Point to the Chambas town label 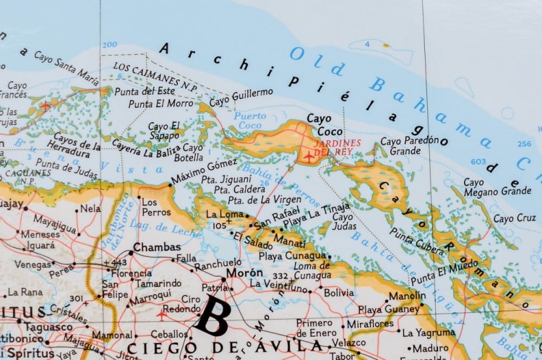pos(157,247)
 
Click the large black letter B pos(215,314)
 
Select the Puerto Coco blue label pos(249,120)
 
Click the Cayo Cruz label pos(515,218)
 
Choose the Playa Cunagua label pos(292,255)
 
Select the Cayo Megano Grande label pos(496,187)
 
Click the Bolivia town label pos(338,293)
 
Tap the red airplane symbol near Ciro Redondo pos(160,315)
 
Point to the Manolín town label pos(407,296)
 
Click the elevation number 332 pos(280,276)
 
